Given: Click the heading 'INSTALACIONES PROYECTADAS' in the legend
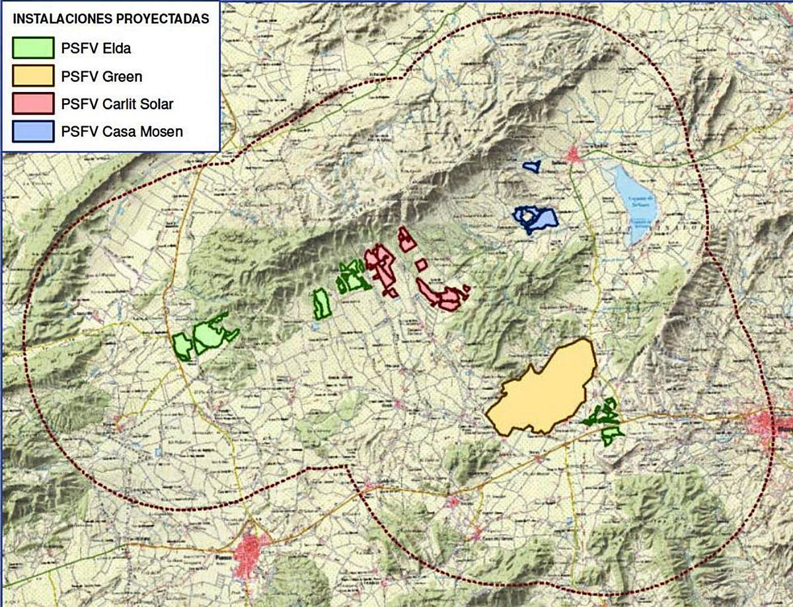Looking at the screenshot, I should (x=111, y=19).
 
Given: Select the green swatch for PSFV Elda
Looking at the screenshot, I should (x=33, y=48).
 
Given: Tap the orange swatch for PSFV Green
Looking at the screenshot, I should (x=33, y=75).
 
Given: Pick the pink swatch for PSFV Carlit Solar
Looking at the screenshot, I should (x=33, y=104).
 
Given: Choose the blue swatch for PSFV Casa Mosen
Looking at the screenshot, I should (x=33, y=131).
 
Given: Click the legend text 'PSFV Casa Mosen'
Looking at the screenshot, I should (x=122, y=132).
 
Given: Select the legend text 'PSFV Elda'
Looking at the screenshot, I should (x=95, y=48).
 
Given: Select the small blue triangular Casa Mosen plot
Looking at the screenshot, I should (x=531, y=166).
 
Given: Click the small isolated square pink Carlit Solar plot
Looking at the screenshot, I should (x=421, y=264).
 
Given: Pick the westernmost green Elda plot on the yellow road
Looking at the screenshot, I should (x=182, y=346).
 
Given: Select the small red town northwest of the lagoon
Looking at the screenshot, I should (x=574, y=157).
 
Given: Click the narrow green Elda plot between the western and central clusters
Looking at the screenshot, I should (x=322, y=303).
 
